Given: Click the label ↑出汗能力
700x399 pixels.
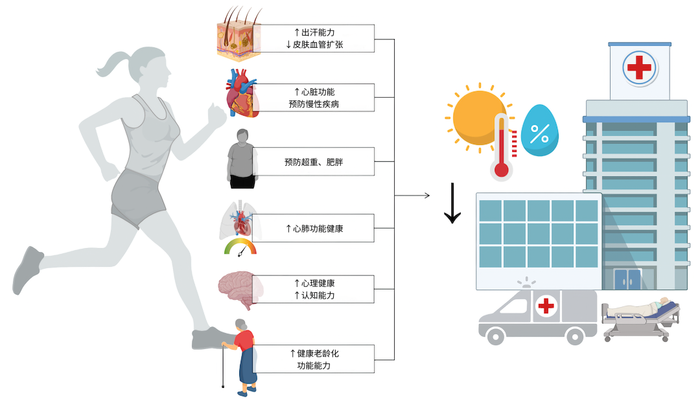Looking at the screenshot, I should coord(314,32).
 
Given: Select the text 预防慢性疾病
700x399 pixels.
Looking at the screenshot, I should coord(314,104).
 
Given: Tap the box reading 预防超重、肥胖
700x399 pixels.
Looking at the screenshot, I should coord(314,162).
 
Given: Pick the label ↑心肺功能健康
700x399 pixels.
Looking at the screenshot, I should coord(314,229).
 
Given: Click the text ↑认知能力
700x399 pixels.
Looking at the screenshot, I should coord(314,295).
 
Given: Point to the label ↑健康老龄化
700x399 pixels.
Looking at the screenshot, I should coord(314,353).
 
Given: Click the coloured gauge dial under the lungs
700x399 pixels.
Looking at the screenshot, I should coord(240,247).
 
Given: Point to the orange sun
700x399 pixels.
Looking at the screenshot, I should coord(476,117).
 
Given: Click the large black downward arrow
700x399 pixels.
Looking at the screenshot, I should coord(452,205).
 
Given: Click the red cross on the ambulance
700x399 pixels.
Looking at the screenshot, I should coord(547,304).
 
